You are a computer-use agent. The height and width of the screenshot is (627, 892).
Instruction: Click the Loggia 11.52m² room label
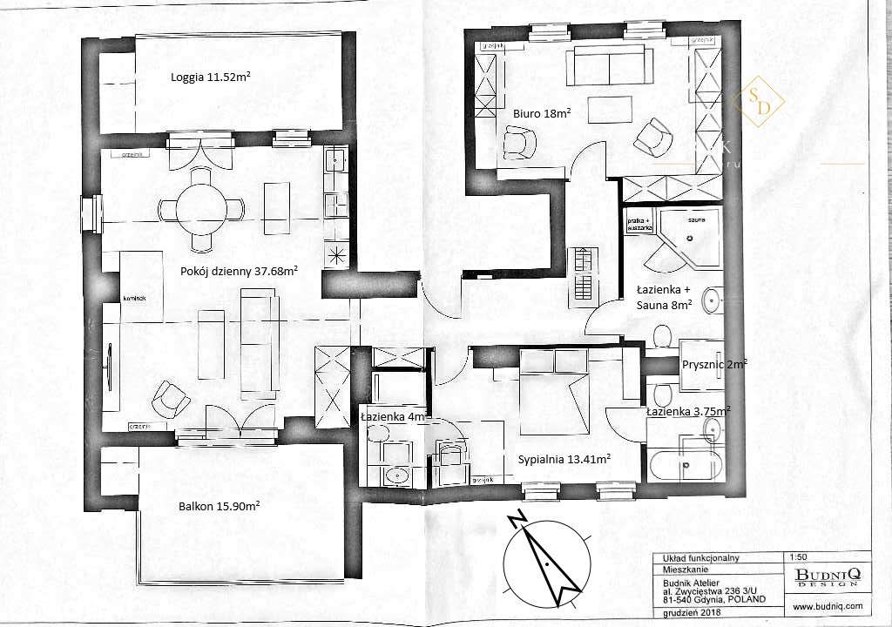coord(212,78)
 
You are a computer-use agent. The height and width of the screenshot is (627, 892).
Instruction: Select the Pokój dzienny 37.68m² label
coord(239,271)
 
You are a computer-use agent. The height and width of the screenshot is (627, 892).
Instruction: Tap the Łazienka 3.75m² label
coord(688,411)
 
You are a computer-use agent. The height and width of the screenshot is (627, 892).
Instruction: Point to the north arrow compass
coord(542,557)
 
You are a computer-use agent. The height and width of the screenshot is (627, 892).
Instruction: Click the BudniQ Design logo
coord(827,576)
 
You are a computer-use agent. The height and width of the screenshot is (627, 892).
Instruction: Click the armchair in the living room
coord(172,399)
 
